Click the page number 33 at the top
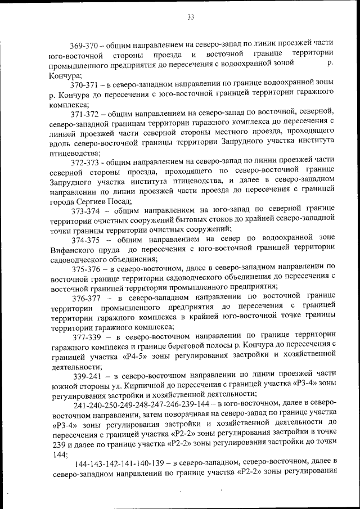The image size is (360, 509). coord(191,17)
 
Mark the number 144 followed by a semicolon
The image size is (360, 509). coord(58,453)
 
